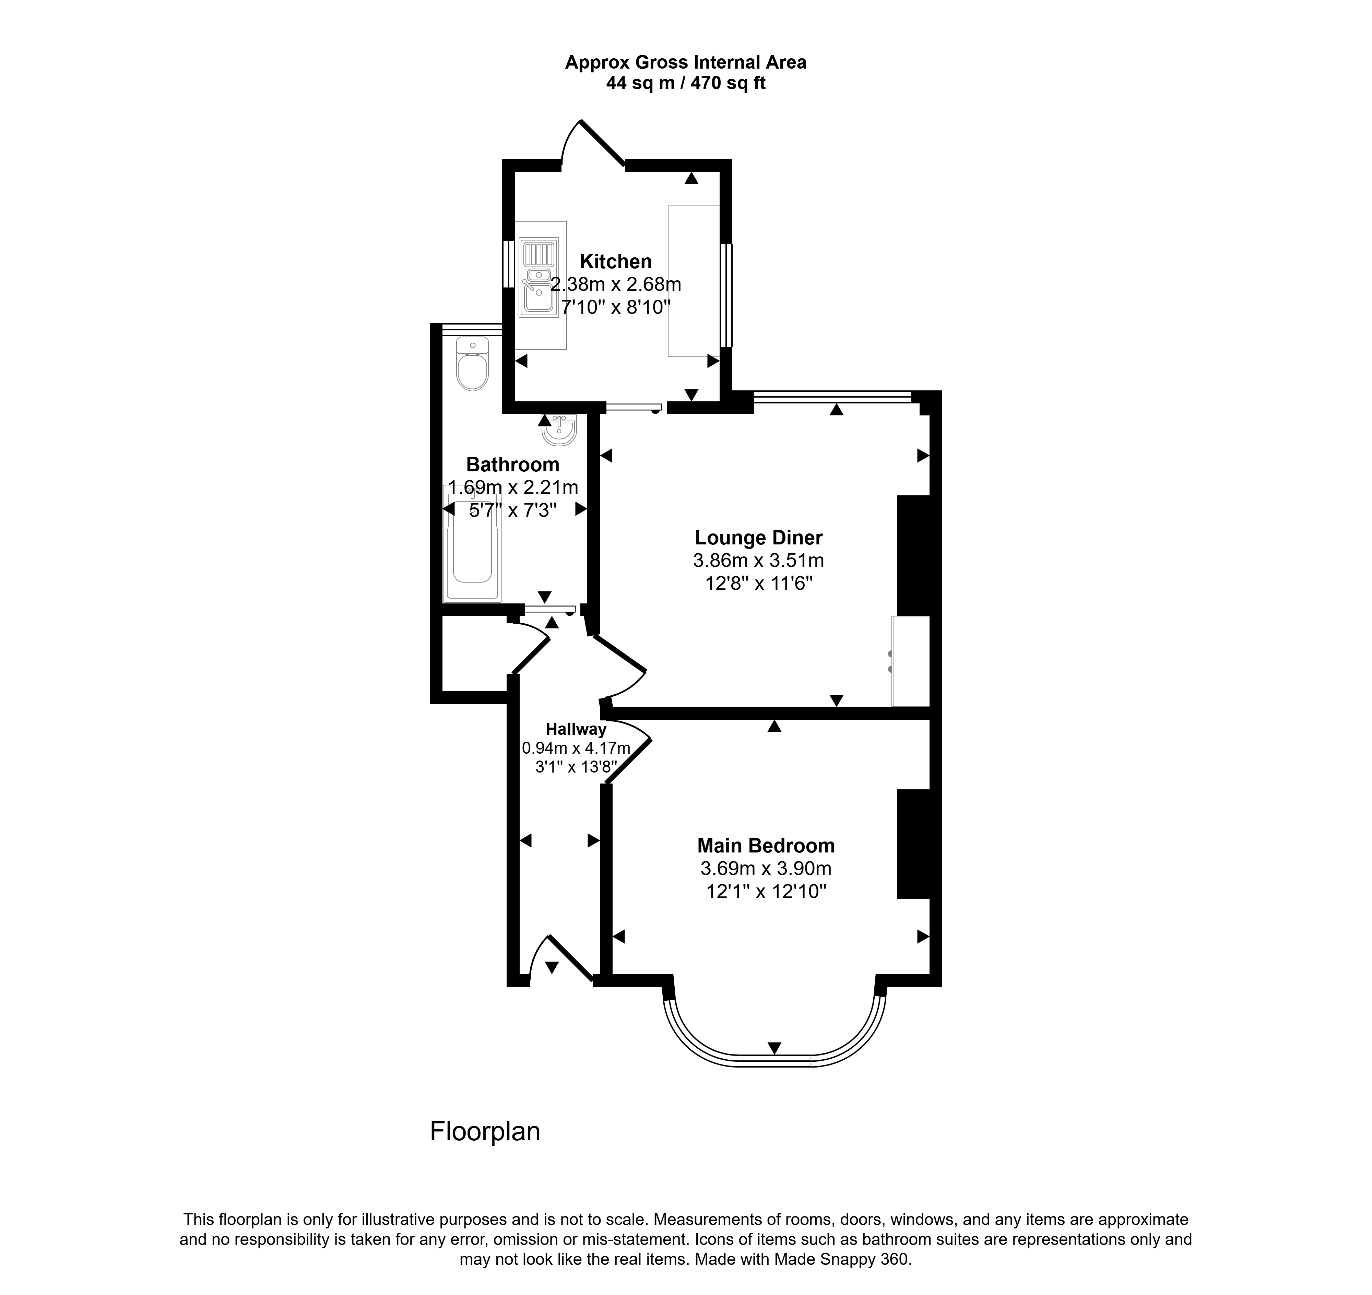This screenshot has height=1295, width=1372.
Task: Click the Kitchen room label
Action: click(616, 262)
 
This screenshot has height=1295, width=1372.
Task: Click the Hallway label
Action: click(576, 729)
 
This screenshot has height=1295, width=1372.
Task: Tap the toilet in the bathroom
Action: click(473, 364)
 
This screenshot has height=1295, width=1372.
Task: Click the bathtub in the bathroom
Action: click(473, 543)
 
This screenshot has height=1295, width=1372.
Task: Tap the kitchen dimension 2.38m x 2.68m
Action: click(616, 284)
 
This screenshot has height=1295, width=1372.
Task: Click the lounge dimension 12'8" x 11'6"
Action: click(758, 583)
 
